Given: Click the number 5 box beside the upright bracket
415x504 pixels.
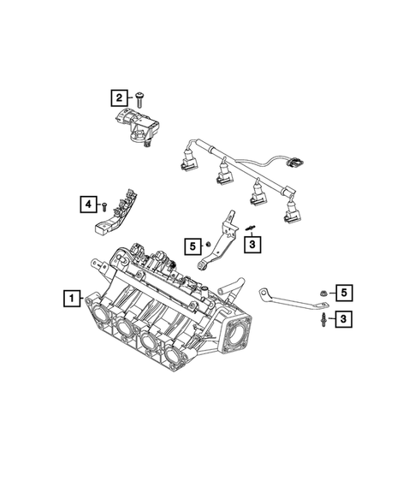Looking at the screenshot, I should (193, 246).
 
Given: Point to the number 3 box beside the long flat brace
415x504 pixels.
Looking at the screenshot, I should (342, 319).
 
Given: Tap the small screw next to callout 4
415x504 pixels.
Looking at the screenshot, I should (104, 206).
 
